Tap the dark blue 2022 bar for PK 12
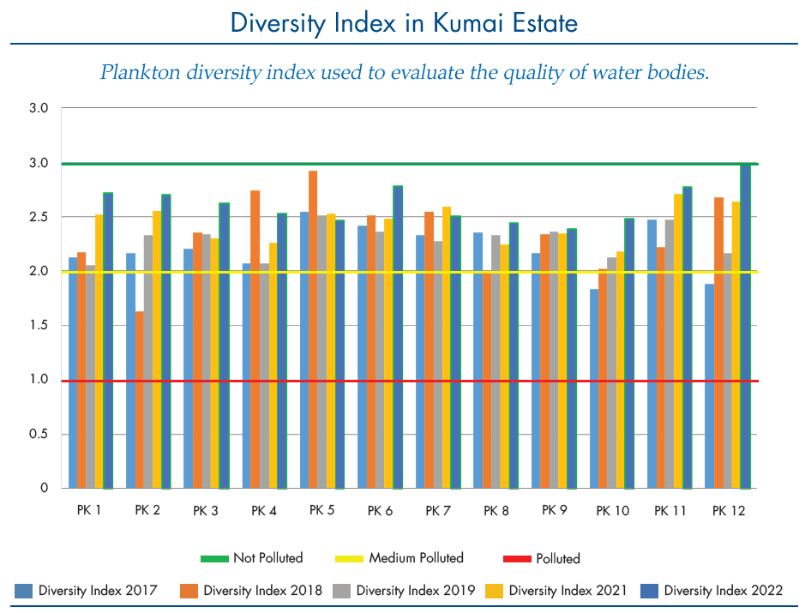point(745,326)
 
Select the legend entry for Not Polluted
point(252,558)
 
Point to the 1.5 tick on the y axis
point(39,326)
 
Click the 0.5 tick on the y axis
point(39,434)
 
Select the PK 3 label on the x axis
point(206,511)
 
